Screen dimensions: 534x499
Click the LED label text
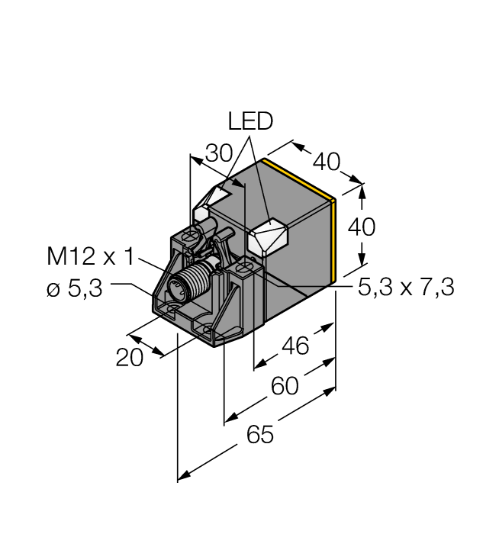251,122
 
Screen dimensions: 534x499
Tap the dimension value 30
220,153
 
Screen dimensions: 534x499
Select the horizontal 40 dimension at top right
326,162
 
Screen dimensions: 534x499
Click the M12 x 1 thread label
89,256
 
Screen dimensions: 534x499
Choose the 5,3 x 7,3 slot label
406,288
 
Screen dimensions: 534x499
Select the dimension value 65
259,435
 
